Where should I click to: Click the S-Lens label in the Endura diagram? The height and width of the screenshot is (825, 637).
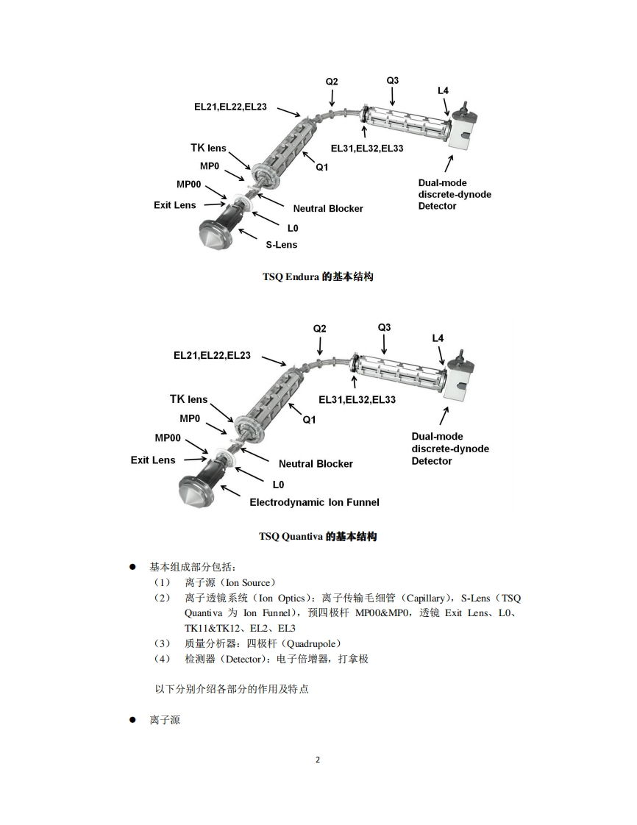pyautogui.click(x=281, y=244)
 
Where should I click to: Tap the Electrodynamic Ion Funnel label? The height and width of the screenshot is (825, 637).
pyautogui.click(x=314, y=502)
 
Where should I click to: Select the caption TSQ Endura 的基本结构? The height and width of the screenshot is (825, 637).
pyautogui.click(x=318, y=277)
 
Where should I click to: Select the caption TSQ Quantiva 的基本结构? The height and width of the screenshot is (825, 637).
pyautogui.click(x=318, y=537)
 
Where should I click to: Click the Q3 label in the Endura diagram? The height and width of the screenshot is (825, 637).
pyautogui.click(x=393, y=80)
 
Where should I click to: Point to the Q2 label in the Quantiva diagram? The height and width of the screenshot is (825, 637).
pyautogui.click(x=319, y=329)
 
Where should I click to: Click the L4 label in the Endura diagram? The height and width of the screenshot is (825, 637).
pyautogui.click(x=443, y=90)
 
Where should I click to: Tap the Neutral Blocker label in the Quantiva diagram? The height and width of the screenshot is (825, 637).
pyautogui.click(x=316, y=464)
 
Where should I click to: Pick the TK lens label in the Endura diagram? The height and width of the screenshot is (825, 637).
pyautogui.click(x=208, y=149)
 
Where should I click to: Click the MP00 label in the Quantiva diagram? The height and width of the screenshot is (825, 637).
pyautogui.click(x=168, y=438)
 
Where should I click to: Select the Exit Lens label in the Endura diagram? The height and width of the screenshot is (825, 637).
pyautogui.click(x=175, y=205)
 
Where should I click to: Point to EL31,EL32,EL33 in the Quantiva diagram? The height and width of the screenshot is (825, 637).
pyautogui.click(x=357, y=400)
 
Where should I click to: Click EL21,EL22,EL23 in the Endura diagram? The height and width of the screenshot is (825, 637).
pyautogui.click(x=230, y=107)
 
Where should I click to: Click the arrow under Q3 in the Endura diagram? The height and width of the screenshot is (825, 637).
pyautogui.click(x=393, y=96)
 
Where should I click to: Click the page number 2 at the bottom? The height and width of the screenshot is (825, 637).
pyautogui.click(x=318, y=760)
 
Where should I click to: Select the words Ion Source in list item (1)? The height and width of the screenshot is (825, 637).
pyautogui.click(x=247, y=582)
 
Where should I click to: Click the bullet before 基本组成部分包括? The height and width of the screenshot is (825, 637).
pyautogui.click(x=133, y=567)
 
